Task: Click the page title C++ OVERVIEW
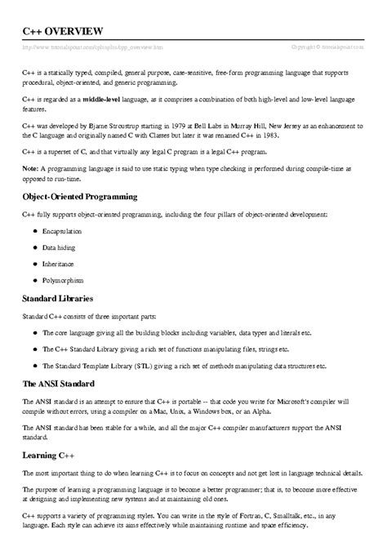[62, 30]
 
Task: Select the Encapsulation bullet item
[67, 231]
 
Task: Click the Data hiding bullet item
[62, 248]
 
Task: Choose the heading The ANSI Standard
[59, 384]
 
